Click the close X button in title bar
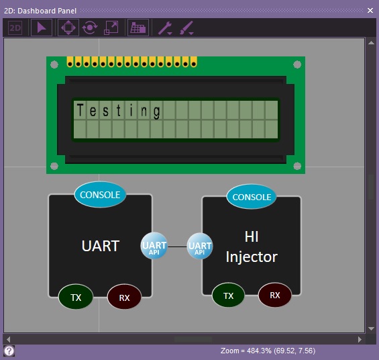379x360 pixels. click(370, 10)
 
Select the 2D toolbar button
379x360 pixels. click(15, 28)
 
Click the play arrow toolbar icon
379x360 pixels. click(42, 28)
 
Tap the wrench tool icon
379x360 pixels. click(165, 28)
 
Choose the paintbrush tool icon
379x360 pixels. click(186, 28)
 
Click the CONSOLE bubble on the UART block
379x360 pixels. click(100, 195)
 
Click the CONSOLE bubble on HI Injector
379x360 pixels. click(252, 197)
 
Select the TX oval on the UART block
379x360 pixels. click(76, 297)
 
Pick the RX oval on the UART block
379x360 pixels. click(124, 297)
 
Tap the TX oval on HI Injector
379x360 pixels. click(228, 295)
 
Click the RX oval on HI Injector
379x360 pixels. click(275, 295)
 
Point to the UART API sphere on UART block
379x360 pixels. click(154, 246)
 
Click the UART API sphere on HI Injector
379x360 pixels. click(200, 246)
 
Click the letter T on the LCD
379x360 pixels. click(80, 110)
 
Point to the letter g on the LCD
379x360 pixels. click(156, 111)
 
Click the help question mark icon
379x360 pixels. click(9, 351)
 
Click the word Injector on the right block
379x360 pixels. click(252, 257)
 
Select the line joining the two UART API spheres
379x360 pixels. click(177, 246)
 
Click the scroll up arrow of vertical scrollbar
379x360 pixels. click(371, 43)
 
